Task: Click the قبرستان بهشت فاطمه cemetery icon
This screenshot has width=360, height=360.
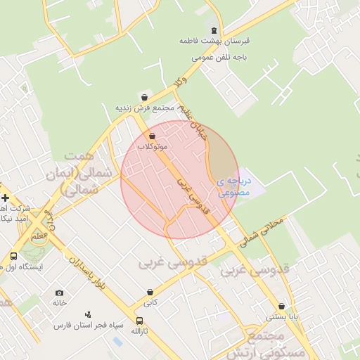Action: coord(214,30)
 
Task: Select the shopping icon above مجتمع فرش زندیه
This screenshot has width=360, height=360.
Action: coord(144,98)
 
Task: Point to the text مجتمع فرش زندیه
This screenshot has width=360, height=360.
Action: coord(144,109)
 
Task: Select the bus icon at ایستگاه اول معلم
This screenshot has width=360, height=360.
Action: coord(13,257)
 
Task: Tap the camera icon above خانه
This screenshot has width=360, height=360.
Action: coord(59,292)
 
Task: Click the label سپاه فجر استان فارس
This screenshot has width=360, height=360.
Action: coord(91,326)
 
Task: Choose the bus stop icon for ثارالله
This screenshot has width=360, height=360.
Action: coord(139,321)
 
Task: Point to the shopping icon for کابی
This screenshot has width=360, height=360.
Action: coord(150,292)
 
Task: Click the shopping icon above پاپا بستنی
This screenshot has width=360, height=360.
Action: coord(282,307)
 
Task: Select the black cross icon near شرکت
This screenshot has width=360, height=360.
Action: coord(5,198)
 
